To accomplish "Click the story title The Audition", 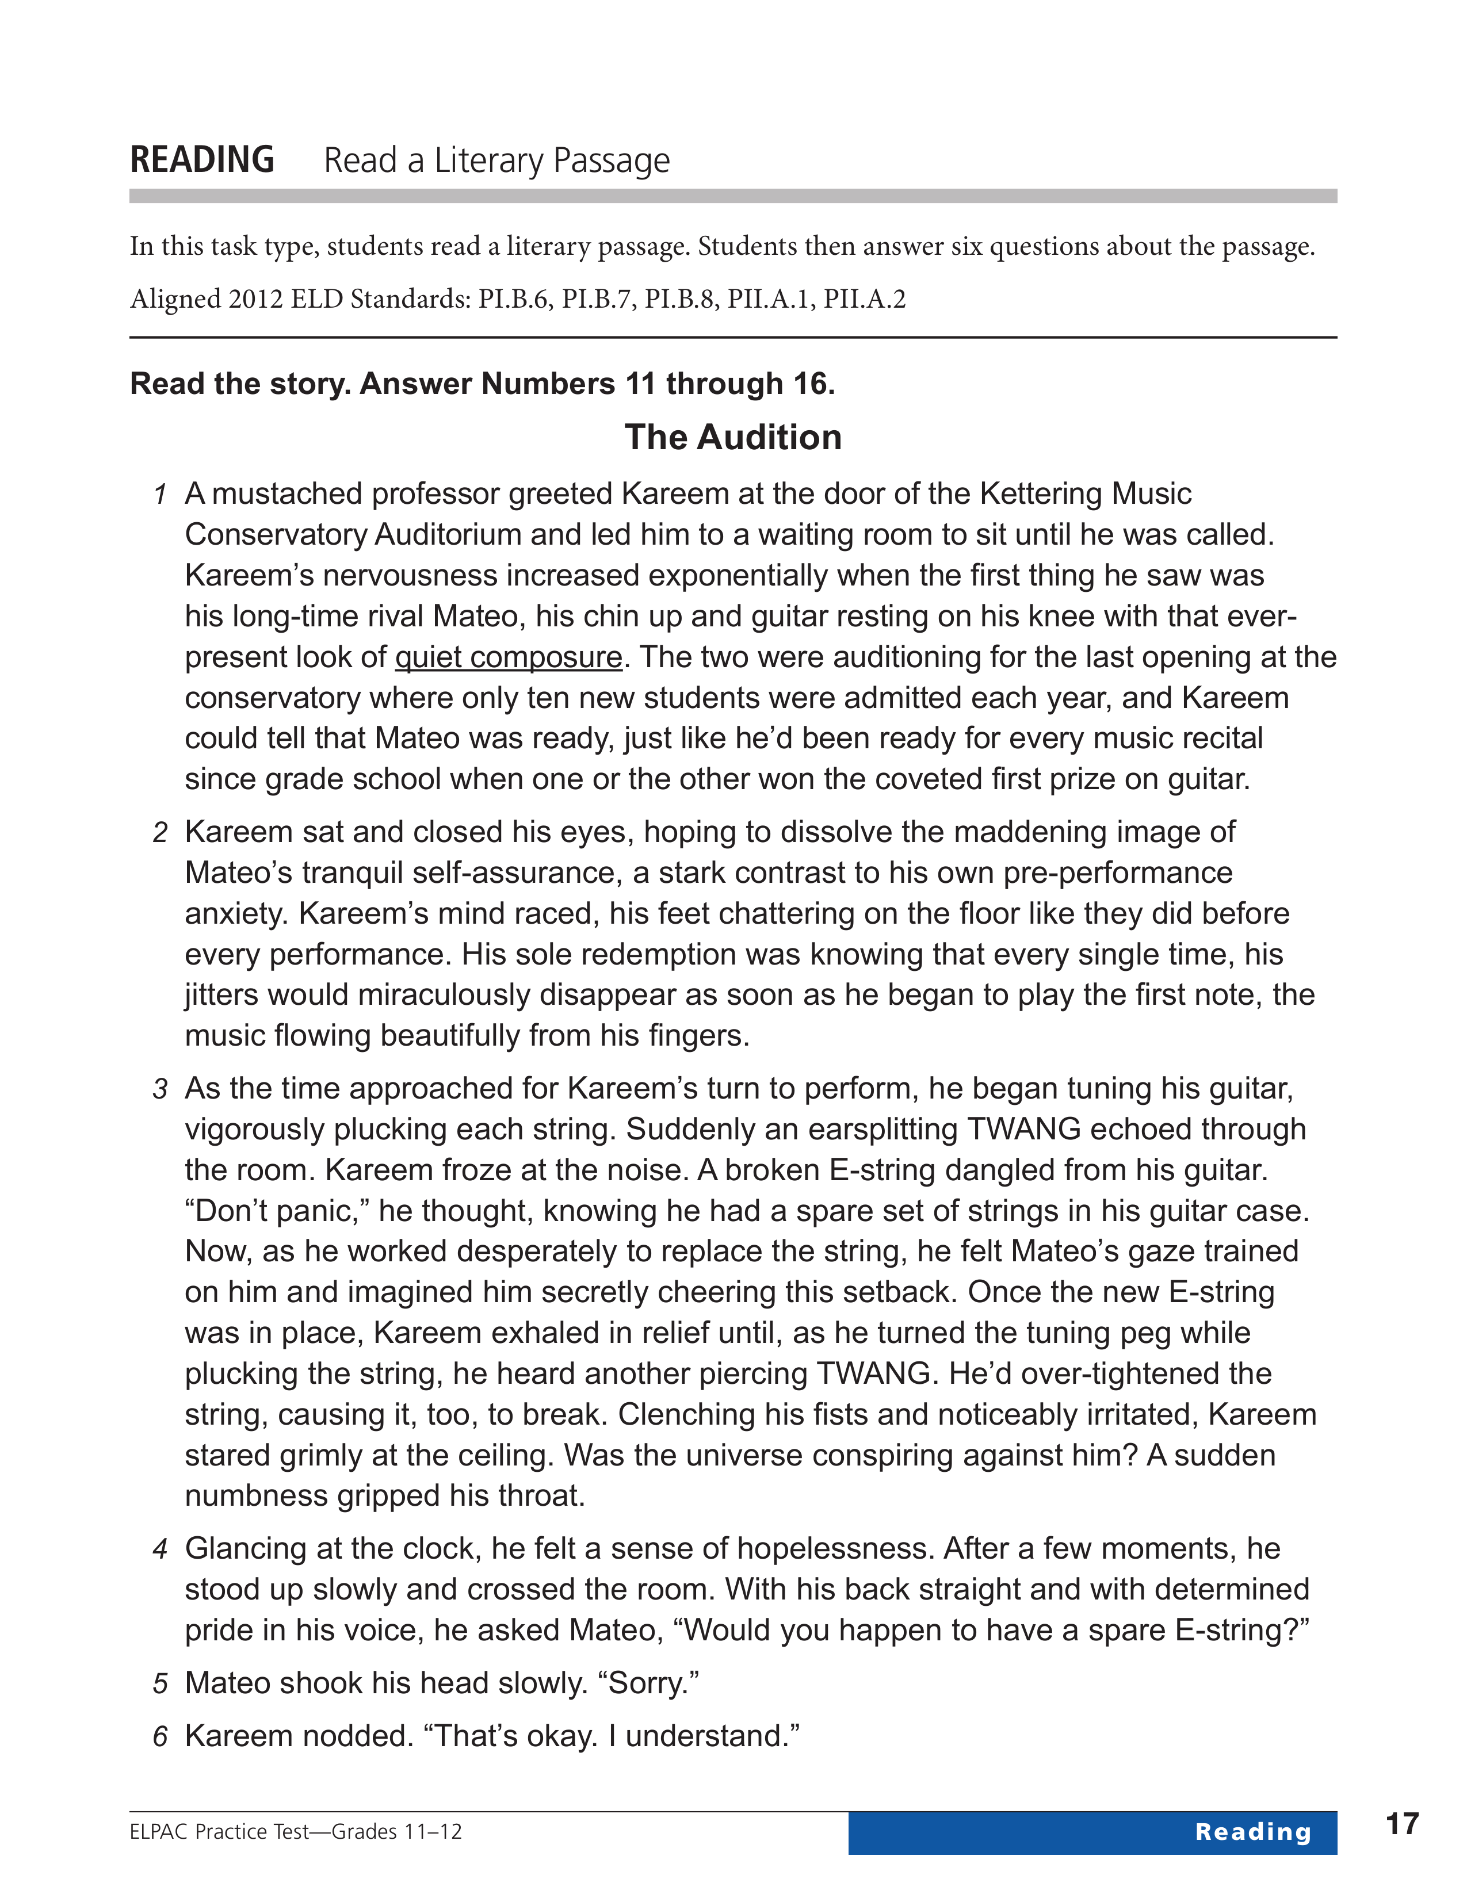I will click(732, 437).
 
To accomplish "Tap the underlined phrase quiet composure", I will click(509, 657).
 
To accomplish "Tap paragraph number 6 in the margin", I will click(160, 1737).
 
